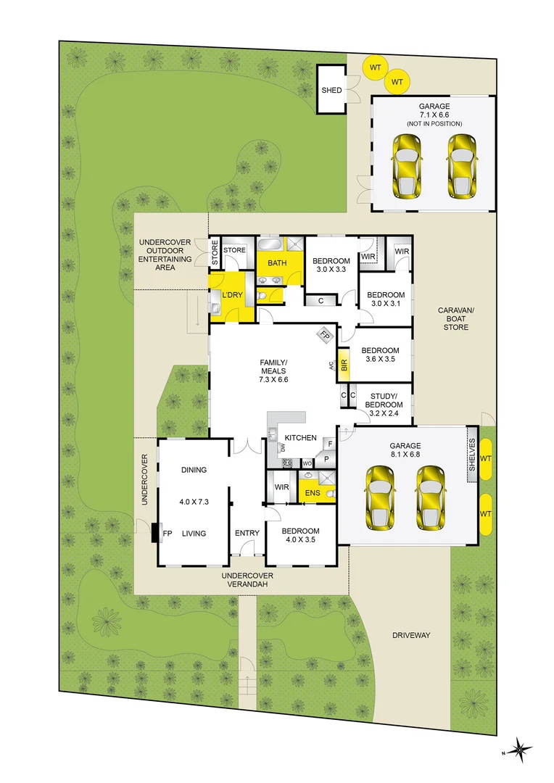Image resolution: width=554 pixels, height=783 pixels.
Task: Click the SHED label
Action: pyautogui.click(x=331, y=91)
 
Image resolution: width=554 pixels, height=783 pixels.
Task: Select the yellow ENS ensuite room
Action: pyautogui.click(x=311, y=494)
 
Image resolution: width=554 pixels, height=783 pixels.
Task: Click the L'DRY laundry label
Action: pyautogui.click(x=232, y=295)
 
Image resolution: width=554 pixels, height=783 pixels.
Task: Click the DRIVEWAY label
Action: pyautogui.click(x=411, y=635)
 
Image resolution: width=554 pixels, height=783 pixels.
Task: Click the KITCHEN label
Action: pyautogui.click(x=300, y=438)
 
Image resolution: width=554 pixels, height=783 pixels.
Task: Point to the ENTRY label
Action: pyautogui.click(x=247, y=534)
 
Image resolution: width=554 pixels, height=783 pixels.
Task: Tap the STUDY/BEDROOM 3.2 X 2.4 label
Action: pyautogui.click(x=384, y=404)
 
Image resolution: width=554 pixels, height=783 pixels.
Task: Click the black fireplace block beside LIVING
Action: pyautogui.click(x=154, y=534)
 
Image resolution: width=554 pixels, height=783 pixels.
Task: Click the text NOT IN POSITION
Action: pyautogui.click(x=434, y=124)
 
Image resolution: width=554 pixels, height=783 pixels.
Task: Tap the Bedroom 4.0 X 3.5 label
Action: pyautogui.click(x=300, y=535)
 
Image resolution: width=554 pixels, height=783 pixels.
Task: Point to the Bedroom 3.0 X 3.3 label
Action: pyautogui.click(x=331, y=265)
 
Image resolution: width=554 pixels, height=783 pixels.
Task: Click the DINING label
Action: pyautogui.click(x=194, y=470)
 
